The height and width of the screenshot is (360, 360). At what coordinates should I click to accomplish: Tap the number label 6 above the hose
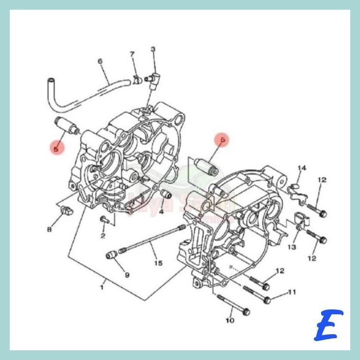100,61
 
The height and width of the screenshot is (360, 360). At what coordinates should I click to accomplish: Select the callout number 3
153,49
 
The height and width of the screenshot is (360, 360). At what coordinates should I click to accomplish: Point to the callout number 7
131,54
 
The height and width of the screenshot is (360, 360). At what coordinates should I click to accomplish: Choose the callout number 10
230,320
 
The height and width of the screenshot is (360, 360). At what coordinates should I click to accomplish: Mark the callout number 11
292,292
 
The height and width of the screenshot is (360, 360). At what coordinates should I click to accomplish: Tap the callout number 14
302,168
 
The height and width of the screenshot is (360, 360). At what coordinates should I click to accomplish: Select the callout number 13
291,247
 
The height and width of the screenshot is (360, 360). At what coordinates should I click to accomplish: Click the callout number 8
49,229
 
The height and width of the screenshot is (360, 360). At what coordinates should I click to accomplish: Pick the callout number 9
127,275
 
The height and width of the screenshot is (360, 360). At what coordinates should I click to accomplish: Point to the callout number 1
102,288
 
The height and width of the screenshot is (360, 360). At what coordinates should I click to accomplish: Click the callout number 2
103,236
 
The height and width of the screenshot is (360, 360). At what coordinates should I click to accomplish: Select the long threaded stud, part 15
151,238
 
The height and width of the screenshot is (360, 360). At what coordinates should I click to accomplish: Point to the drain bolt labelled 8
67,210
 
